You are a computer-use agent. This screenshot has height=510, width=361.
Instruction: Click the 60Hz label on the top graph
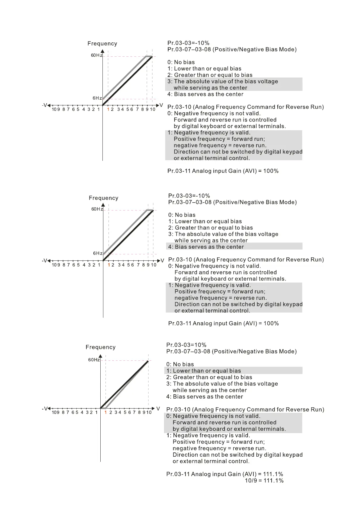(x=97, y=55)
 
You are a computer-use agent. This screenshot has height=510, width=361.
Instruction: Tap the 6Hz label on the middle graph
(x=98, y=253)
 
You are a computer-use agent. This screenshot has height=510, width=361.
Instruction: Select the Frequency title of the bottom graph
(x=101, y=347)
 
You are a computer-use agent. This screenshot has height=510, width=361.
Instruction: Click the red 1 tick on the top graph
(x=108, y=109)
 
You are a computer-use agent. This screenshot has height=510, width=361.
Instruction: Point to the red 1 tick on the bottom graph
(x=105, y=412)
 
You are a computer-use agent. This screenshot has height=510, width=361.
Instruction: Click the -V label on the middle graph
(x=45, y=260)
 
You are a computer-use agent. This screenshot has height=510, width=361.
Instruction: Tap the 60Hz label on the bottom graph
(x=94, y=360)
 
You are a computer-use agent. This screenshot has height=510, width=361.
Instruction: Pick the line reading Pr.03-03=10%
(x=186, y=345)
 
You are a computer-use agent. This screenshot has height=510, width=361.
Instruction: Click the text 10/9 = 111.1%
(x=264, y=481)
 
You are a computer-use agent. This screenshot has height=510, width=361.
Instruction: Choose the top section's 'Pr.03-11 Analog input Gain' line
(x=223, y=171)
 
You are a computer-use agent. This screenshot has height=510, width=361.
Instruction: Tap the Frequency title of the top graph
(x=102, y=44)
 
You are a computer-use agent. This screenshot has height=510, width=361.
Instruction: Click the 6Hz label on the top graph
(x=97, y=98)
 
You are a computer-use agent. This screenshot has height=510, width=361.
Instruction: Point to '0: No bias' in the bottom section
(x=180, y=364)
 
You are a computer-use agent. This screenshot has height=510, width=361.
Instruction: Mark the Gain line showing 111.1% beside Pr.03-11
(x=225, y=474)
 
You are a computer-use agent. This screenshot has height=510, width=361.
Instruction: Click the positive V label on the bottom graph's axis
(x=158, y=409)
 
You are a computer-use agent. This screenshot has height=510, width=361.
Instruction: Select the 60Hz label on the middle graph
(x=97, y=209)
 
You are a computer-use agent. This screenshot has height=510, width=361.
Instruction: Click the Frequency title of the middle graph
(x=103, y=198)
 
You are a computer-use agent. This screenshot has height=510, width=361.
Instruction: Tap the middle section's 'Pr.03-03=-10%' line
(x=189, y=196)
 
